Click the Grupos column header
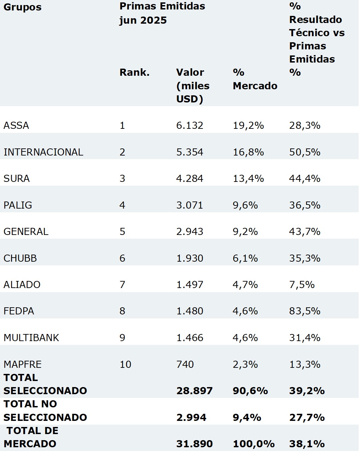pos(22,7)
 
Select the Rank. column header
pos(134,72)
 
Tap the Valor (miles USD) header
pos(193,86)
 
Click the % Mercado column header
pos(255,79)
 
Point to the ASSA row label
pos(16,125)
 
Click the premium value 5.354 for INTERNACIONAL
pos(190,152)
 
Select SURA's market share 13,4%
pos(248,178)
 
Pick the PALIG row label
pos(18,205)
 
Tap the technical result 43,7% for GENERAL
pos(305,232)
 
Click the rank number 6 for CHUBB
pos(122,258)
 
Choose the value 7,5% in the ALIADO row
pos(302,285)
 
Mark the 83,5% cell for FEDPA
pos(305,311)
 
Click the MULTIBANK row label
pos(31,338)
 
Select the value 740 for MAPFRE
pos(185,364)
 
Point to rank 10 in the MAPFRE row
pos(125,364)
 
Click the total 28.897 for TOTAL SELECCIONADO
pos(194,391)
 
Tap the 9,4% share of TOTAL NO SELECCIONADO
pos(247,418)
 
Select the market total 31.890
pos(194,444)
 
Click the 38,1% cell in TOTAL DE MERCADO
pos(307,444)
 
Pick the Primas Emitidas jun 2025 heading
pos(162,13)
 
